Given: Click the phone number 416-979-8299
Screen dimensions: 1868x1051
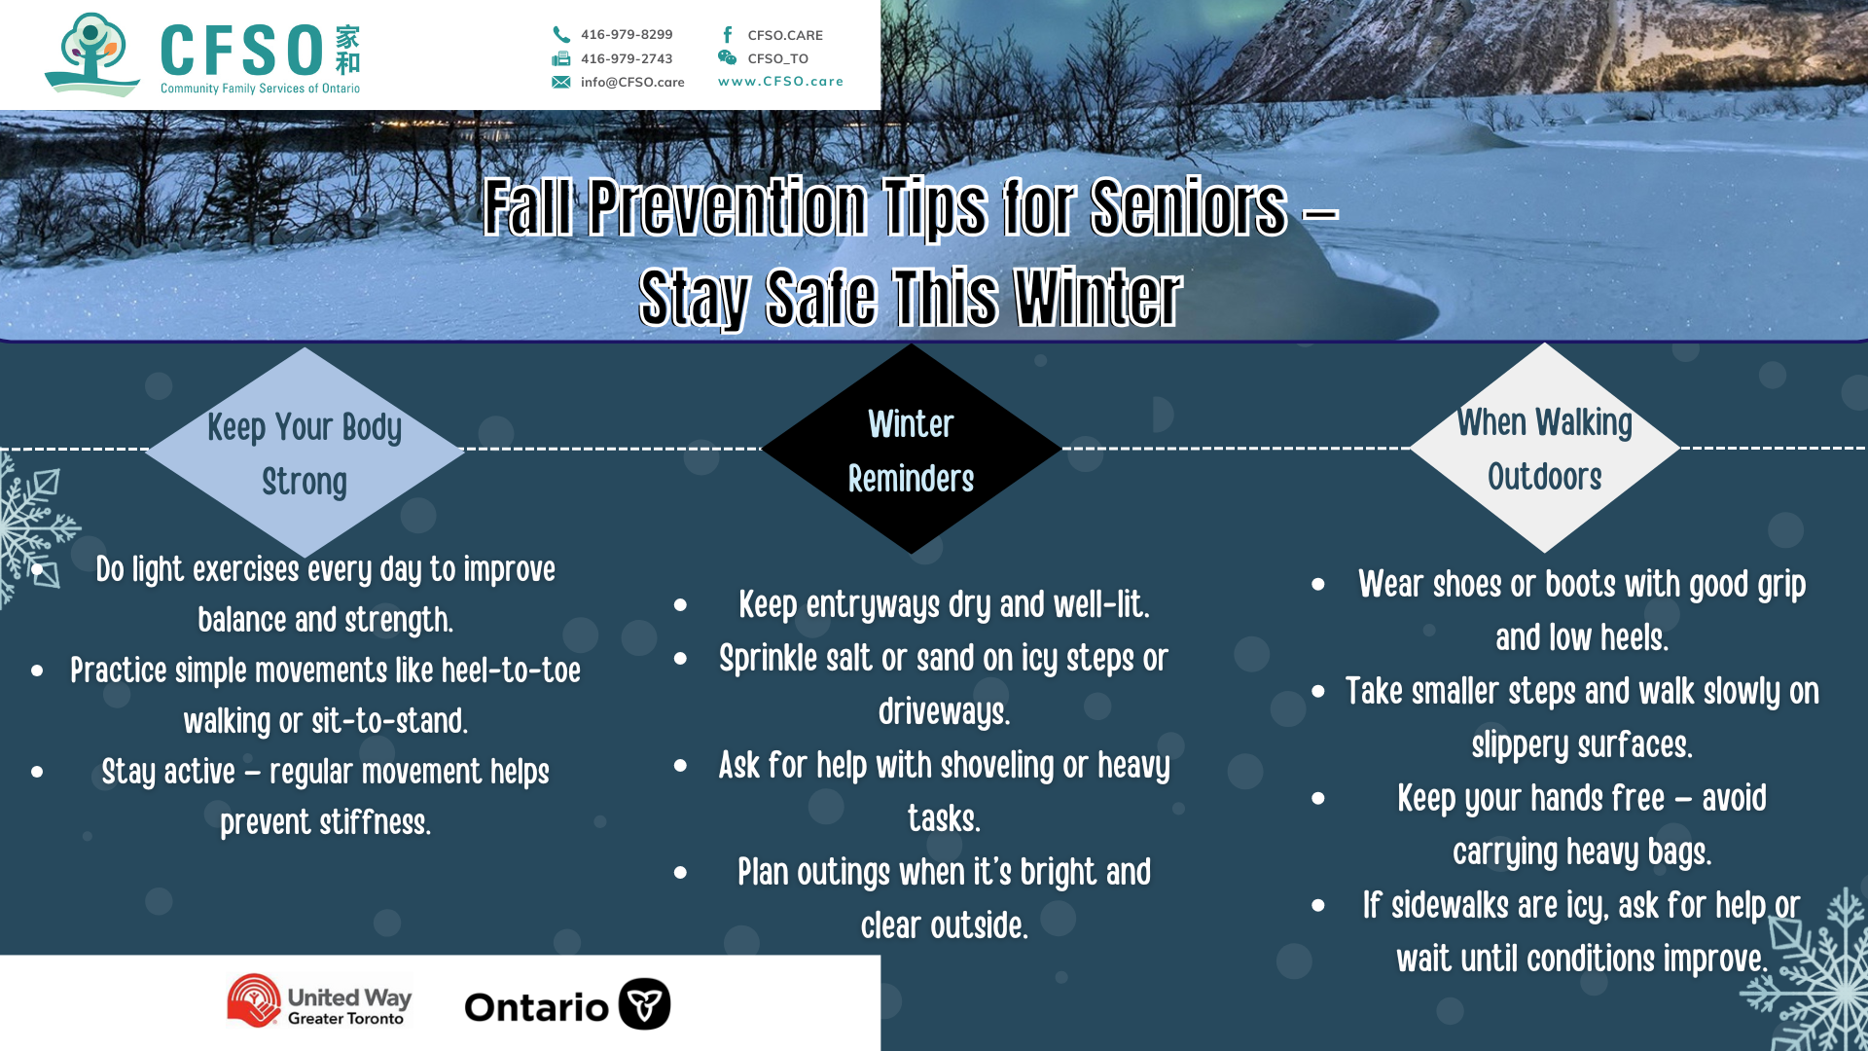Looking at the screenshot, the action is coord(627,34).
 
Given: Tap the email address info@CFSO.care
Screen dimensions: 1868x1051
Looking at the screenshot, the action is coord(632,82).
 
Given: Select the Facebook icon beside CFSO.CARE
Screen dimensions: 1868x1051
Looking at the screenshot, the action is coord(728,34).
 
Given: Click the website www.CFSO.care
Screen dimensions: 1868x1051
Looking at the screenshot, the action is coord(780,81).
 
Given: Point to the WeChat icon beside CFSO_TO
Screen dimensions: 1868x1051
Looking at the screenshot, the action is coord(727,57).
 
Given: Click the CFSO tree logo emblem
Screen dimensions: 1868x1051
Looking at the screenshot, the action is coord(92,54).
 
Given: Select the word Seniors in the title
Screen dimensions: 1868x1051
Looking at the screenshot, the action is coord(1189,207).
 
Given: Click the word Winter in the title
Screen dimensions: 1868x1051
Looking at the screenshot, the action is coord(1097,297).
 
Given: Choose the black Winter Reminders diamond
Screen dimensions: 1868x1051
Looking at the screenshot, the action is coord(911,449).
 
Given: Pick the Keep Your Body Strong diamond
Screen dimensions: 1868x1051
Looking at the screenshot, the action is coord(305,453).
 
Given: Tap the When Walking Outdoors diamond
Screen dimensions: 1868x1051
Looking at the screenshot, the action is coord(1544,448).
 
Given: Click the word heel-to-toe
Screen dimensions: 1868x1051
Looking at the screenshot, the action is coord(511,670).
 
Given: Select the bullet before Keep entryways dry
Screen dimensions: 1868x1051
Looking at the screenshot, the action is coord(680,605).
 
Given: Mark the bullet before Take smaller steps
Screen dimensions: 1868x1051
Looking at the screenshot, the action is coord(1318,692).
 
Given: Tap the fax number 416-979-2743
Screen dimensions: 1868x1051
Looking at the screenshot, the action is coord(627,58).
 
